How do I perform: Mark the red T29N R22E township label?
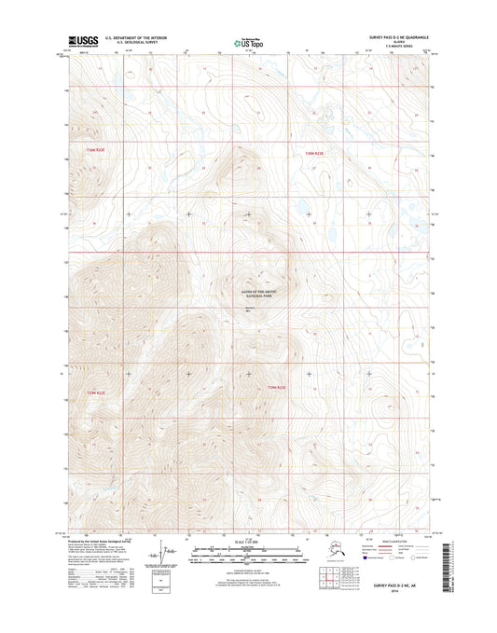[98, 392]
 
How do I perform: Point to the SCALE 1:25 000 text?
[247, 543]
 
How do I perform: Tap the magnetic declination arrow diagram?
[168, 557]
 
